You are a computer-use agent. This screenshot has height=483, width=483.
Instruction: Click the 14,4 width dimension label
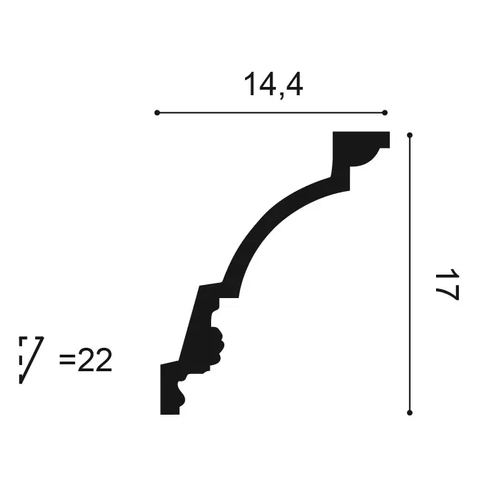273,84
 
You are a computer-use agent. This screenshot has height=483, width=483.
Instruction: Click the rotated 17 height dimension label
447,284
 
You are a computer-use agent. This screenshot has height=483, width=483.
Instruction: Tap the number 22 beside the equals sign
95,360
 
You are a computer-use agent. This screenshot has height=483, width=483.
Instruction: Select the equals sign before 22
67,359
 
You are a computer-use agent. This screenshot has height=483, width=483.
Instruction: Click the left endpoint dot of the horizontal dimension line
157,112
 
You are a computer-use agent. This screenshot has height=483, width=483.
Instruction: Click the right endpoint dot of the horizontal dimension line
384,112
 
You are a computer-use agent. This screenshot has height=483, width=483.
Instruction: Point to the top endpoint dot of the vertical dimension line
410,135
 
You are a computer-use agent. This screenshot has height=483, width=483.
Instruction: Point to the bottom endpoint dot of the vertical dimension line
410,413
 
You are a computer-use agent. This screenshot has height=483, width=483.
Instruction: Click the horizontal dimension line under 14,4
270,112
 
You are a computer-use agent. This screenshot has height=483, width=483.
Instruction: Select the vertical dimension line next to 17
410,274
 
